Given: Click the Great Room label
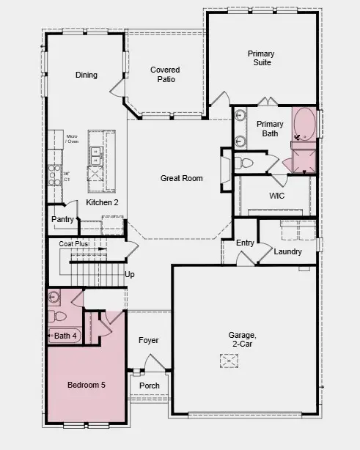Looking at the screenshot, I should point(182,178).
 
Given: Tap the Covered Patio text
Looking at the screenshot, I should point(165,75).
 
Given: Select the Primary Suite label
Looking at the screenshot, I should point(260,58).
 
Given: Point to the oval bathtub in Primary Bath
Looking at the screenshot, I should point(304,125).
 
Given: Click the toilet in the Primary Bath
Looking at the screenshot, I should point(246,162).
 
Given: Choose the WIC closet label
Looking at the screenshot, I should point(276,196).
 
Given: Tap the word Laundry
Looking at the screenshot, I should point(287,251).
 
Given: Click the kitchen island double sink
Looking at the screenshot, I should point(95,155).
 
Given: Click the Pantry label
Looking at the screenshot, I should point(62,219).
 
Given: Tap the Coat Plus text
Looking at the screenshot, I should point(73,243).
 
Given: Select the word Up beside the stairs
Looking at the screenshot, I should point(130,275).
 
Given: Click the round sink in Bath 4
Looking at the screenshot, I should point(54,298).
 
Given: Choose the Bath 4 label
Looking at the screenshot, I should point(65,336).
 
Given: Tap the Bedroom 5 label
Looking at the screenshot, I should point(87,385).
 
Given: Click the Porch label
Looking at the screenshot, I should point(150,386).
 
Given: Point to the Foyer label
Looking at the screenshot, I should point(149,340).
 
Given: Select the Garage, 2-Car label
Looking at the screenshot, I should point(244,340).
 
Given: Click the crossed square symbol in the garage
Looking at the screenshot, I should point(230,361).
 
